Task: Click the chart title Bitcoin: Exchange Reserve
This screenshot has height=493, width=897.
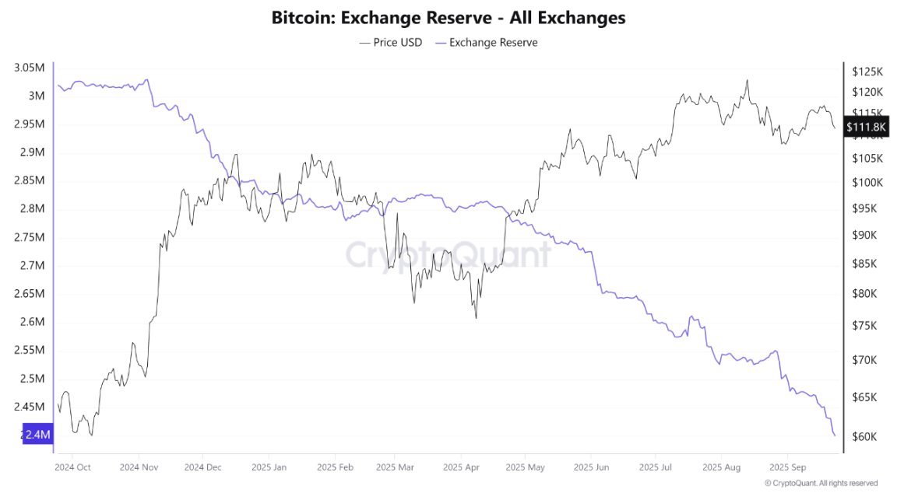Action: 448,17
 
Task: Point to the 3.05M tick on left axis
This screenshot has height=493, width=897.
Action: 29,68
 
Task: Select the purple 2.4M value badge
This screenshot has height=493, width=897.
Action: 37,435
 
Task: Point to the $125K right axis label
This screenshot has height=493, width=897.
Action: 867,72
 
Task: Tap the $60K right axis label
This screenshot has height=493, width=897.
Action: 865,436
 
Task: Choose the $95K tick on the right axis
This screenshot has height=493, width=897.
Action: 865,208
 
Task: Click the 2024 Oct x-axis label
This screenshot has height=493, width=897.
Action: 73,467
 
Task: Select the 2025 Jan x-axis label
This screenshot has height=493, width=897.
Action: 269,467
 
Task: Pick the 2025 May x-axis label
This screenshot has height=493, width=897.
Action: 525,467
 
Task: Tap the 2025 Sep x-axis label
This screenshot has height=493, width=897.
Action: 787,467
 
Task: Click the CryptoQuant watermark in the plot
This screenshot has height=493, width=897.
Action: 448,253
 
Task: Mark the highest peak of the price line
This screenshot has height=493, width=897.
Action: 747,80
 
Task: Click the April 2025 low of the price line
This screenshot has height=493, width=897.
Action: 476,317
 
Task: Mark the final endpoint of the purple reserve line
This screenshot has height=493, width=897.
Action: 835,435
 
